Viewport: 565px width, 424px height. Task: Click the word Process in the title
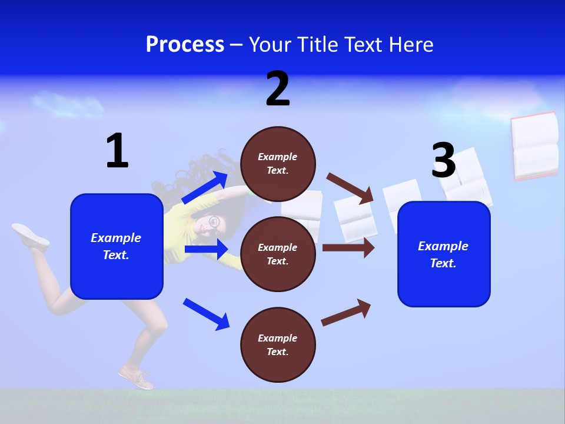tap(185, 45)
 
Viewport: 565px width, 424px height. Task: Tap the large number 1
tap(117, 151)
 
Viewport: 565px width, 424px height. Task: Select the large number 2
tap(278, 89)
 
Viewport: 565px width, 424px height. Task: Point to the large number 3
tap(443, 161)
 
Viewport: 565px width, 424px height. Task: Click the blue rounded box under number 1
tap(117, 246)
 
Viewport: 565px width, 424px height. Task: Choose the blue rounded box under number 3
tap(444, 254)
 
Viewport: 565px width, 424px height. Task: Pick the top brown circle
tap(278, 164)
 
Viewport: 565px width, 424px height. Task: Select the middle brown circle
tap(278, 254)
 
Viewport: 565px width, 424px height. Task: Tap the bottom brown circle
tap(278, 344)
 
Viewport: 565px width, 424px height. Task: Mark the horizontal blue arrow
tap(206, 249)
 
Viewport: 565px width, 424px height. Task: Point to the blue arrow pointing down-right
tap(207, 314)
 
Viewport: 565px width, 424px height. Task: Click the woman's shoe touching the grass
tap(136, 377)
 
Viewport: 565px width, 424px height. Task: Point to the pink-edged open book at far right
tap(534, 145)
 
